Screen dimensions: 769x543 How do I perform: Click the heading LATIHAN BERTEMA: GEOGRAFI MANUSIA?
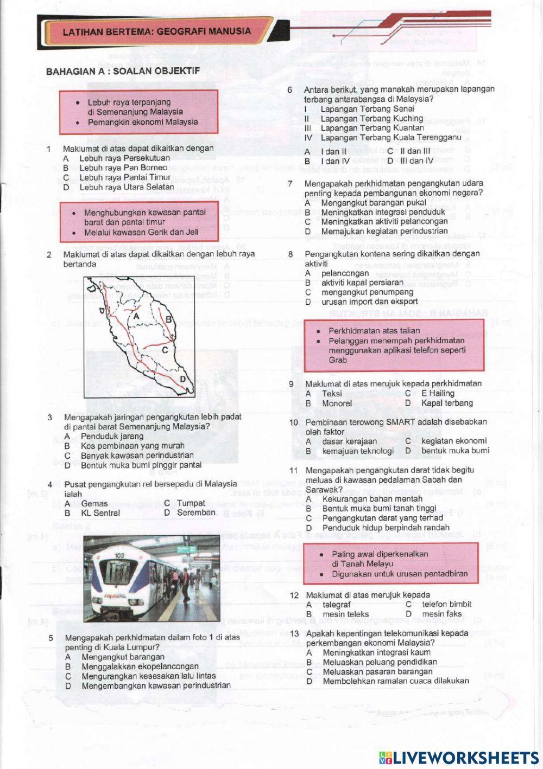click(157, 31)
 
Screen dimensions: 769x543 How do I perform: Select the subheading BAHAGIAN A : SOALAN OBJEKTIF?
click(123, 71)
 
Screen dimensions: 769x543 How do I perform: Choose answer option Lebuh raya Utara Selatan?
click(127, 187)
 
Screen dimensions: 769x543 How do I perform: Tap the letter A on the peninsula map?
click(137, 316)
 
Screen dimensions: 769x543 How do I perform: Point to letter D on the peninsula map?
click(182, 379)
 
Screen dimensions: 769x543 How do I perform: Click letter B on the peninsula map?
click(168, 319)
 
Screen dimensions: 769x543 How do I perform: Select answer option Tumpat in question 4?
click(191, 503)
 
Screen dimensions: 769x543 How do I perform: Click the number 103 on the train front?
click(121, 556)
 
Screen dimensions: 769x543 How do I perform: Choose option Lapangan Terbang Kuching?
click(371, 119)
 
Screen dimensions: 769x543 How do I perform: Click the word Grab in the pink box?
click(338, 360)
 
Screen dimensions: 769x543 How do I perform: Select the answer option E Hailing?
click(438, 394)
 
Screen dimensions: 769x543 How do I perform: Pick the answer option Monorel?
click(337, 403)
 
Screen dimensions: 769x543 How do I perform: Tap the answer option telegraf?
click(337, 605)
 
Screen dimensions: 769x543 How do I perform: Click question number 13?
click(295, 633)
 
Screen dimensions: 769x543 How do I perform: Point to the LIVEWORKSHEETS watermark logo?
click(458, 757)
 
